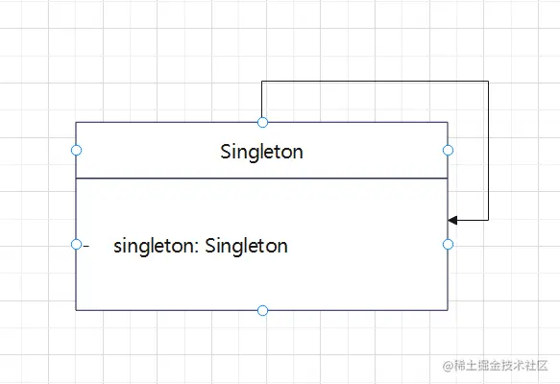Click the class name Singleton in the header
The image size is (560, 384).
tap(262, 152)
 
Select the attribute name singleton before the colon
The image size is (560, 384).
tap(155, 246)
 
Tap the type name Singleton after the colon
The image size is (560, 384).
tap(247, 246)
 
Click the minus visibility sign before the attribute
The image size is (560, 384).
tap(85, 246)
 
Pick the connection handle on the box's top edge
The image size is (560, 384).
tap(262, 123)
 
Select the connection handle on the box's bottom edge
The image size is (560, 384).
tap(262, 310)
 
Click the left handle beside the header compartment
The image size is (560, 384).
tap(77, 151)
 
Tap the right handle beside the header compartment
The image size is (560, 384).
tap(448, 151)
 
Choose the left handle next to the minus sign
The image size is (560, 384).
tap(77, 245)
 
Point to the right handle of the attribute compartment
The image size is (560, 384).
tap(448, 245)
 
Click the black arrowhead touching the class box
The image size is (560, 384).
tap(452, 220)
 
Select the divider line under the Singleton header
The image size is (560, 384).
tap(262, 178)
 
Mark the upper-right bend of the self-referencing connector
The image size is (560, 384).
tap(488, 82)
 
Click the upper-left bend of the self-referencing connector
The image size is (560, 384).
tap(262, 82)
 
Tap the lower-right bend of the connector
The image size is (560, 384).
tap(488, 220)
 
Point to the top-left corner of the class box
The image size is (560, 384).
tap(76, 123)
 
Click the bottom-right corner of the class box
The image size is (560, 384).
tap(448, 310)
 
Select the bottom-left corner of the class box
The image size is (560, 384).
tap(76, 310)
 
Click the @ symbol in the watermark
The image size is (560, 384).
tap(448, 366)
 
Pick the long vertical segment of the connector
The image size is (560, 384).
tap(488, 151)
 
